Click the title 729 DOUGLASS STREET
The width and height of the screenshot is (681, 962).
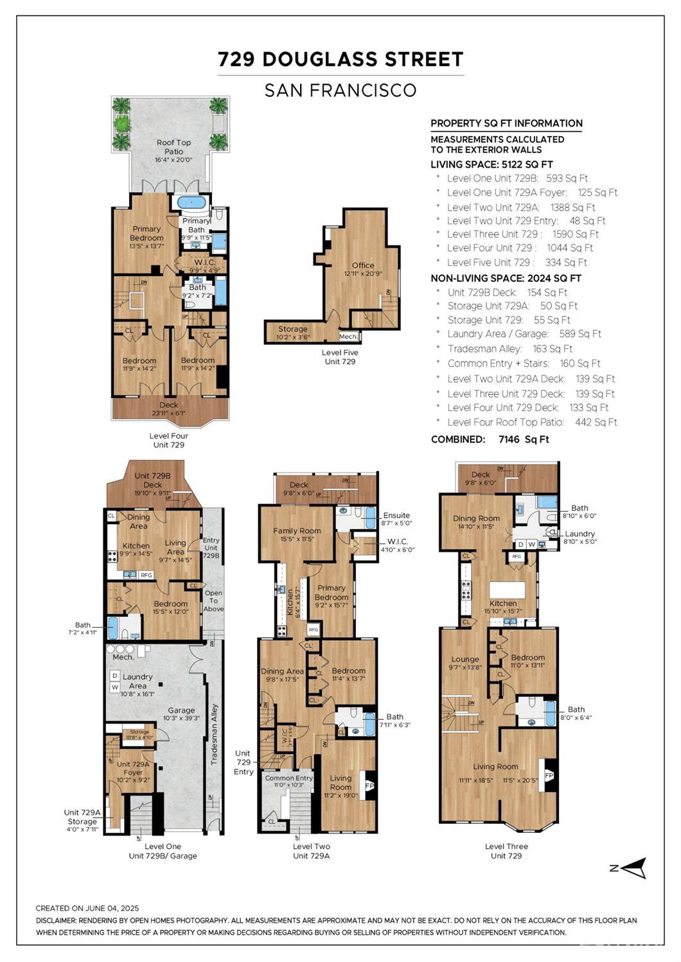pyautogui.click(x=340, y=60)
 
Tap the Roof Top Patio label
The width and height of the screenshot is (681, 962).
pyautogui.click(x=173, y=147)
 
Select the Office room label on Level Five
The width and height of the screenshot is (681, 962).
pyautogui.click(x=362, y=265)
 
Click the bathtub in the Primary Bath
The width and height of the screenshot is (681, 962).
pyautogui.click(x=191, y=202)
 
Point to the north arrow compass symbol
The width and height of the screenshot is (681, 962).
pyautogui.click(x=633, y=868)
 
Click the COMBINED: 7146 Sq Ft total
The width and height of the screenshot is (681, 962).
pyautogui.click(x=490, y=440)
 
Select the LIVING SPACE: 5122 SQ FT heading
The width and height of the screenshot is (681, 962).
pyautogui.click(x=491, y=164)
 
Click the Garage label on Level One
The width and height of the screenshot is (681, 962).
pyautogui.click(x=181, y=710)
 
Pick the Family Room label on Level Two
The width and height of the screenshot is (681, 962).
pyautogui.click(x=296, y=530)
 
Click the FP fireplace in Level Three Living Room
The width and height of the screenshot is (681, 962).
pyautogui.click(x=549, y=776)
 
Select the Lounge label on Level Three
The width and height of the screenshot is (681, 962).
pyautogui.click(x=464, y=659)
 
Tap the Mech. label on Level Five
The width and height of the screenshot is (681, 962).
pyautogui.click(x=348, y=337)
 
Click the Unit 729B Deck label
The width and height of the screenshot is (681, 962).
pyautogui.click(x=152, y=480)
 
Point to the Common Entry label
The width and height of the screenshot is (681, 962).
pyautogui.click(x=288, y=778)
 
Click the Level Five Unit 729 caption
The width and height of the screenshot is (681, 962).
pyautogui.click(x=340, y=357)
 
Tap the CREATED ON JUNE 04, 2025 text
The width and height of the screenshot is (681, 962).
pyautogui.click(x=87, y=908)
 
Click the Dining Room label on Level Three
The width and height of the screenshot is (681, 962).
pyautogui.click(x=476, y=518)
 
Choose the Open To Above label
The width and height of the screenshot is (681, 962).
pyautogui.click(x=213, y=600)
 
